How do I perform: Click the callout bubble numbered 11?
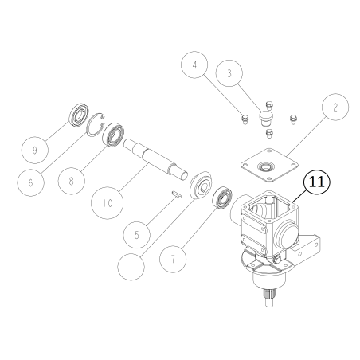[317, 182]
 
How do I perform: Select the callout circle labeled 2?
[335, 107]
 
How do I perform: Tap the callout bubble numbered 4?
[194, 65]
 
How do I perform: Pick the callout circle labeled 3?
[229, 73]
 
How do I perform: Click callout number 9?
[35, 150]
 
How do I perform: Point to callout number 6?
[30, 182]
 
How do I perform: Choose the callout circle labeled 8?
[72, 181]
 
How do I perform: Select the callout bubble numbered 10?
[108, 203]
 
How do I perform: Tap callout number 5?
[137, 235]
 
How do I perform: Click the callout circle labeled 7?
[173, 259]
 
